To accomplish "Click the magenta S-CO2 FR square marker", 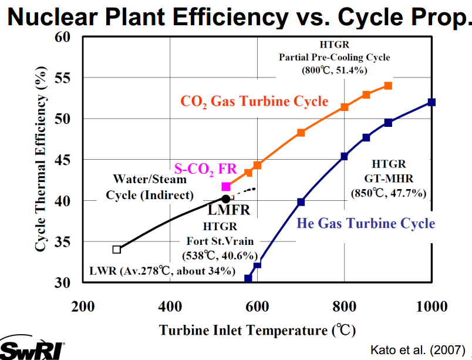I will (226, 187).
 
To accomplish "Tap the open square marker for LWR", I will (117, 250).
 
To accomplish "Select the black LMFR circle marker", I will (226, 198).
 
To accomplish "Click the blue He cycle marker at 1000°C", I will (431, 102).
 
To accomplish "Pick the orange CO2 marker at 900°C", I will (388, 86).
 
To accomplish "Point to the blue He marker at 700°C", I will (301, 202).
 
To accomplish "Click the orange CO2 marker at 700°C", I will (301, 133).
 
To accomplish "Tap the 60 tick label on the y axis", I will (63, 38).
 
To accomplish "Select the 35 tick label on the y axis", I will (63, 242).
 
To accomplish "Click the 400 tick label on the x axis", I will (170, 307).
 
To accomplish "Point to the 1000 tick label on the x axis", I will (431, 307).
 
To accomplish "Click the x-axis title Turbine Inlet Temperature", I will (257, 330).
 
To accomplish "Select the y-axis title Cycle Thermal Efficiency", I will (41, 160).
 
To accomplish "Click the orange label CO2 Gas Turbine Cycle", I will (254, 102).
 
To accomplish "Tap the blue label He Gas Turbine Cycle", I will (366, 223).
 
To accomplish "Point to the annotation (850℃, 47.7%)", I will (389, 193).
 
